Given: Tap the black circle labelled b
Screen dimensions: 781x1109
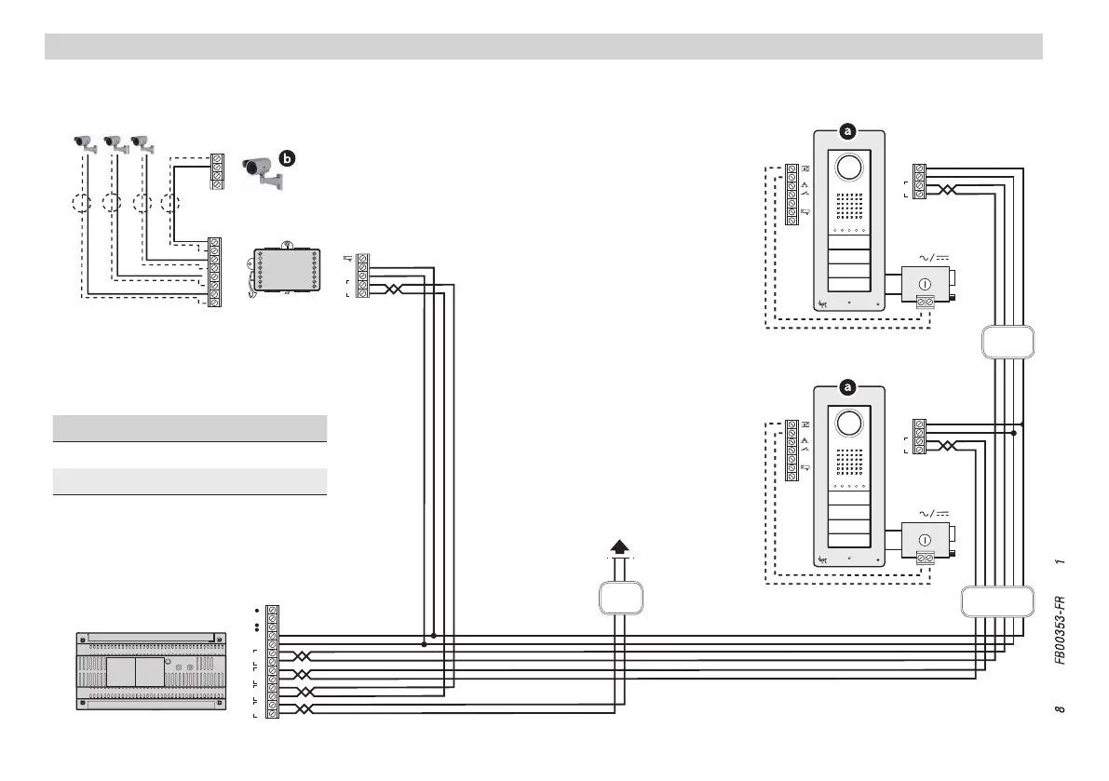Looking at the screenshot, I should click(x=287, y=159).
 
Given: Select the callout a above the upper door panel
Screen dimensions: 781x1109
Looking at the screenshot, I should click(x=847, y=132).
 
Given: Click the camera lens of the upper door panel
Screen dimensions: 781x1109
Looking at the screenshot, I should click(x=847, y=168).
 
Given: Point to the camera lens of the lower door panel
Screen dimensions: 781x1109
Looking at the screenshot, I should click(x=847, y=423).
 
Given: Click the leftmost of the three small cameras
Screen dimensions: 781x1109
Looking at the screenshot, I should click(x=86, y=143).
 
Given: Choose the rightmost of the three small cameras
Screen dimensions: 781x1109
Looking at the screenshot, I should click(x=142, y=143).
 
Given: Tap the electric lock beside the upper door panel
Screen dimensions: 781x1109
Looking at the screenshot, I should click(x=929, y=285).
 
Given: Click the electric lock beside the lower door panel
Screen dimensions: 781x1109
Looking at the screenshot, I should click(x=929, y=542).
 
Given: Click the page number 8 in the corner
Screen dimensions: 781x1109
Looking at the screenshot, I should click(x=1060, y=711).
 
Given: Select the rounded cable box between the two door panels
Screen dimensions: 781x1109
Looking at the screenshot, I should click(x=1008, y=342).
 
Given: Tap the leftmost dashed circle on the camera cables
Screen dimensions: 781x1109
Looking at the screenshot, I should click(x=82, y=202).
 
